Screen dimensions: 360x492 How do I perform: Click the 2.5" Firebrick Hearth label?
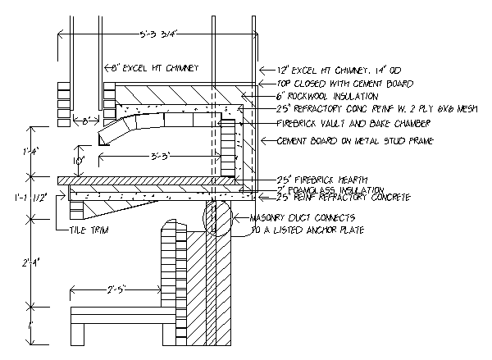[312, 180]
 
